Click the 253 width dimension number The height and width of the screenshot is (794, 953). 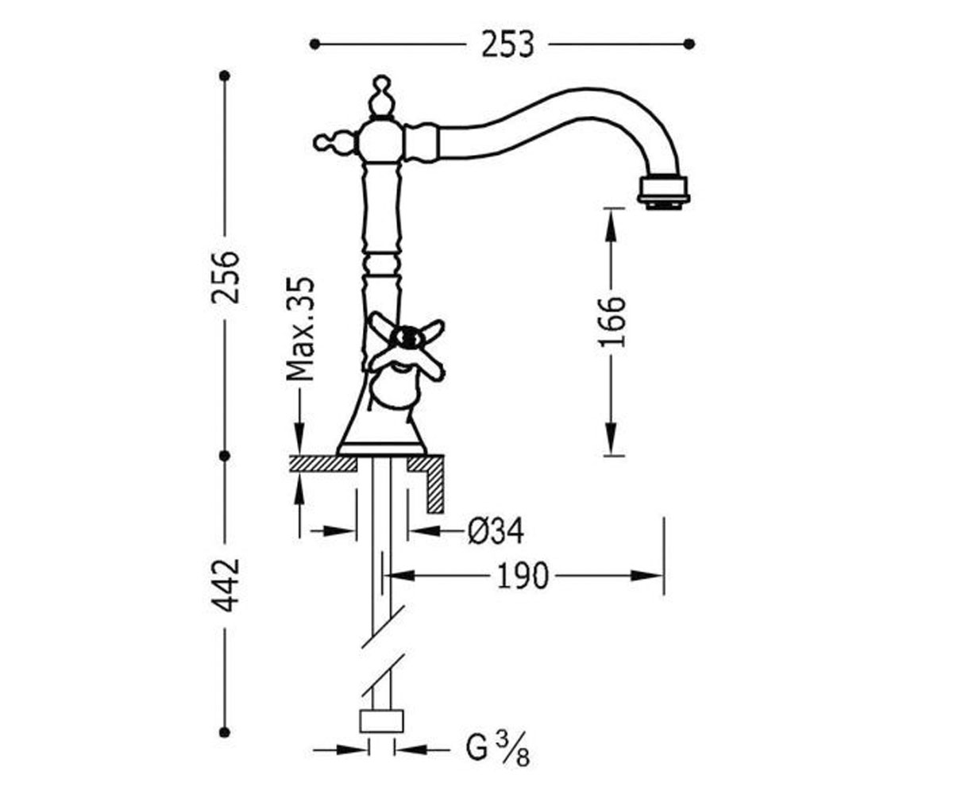507,44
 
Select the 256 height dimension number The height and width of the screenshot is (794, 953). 226,277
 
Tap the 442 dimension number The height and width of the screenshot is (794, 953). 226,585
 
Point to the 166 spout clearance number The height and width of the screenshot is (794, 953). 612,322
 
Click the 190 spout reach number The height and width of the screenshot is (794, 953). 522,576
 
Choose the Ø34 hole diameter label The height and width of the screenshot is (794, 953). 496,530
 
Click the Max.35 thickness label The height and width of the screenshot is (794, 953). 301,329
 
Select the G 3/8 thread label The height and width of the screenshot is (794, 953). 498,750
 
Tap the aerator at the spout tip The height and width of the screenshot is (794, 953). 663,191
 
